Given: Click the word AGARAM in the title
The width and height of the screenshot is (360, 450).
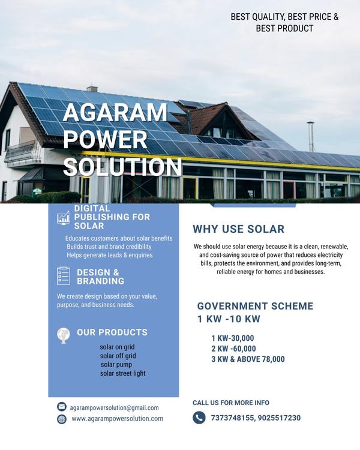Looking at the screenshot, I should [x=115, y=113].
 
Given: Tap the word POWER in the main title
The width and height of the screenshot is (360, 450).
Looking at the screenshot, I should [x=105, y=139].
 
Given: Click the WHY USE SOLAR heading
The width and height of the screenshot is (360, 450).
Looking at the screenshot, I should [x=238, y=229].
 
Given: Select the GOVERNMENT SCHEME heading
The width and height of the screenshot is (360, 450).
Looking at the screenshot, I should [x=255, y=306].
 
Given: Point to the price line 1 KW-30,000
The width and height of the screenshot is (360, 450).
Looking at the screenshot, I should [x=232, y=338].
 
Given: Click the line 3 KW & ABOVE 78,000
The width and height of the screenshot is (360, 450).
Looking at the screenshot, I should [x=248, y=359].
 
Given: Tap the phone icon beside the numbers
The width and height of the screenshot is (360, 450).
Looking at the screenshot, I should [x=199, y=418].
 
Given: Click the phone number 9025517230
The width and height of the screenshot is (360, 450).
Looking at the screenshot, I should [x=279, y=418].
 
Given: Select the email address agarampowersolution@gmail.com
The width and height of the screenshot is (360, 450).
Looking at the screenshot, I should [x=115, y=407].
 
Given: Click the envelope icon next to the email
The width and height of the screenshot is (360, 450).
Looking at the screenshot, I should [x=62, y=407].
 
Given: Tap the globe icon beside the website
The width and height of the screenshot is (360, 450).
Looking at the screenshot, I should [x=62, y=419].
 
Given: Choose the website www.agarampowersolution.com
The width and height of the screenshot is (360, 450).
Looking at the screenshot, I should [x=117, y=419].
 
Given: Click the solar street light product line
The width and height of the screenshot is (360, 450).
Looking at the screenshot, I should [x=122, y=373].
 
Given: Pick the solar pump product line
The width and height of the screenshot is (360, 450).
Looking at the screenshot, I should [x=116, y=364].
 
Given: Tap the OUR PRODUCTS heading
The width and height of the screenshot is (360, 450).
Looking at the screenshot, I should [x=112, y=332].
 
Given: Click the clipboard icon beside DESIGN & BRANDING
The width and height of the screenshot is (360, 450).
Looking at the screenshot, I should [x=64, y=276].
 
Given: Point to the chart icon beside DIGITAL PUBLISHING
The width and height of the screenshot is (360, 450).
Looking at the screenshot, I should [x=64, y=218].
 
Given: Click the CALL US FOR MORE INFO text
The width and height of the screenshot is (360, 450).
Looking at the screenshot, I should [x=231, y=403].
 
